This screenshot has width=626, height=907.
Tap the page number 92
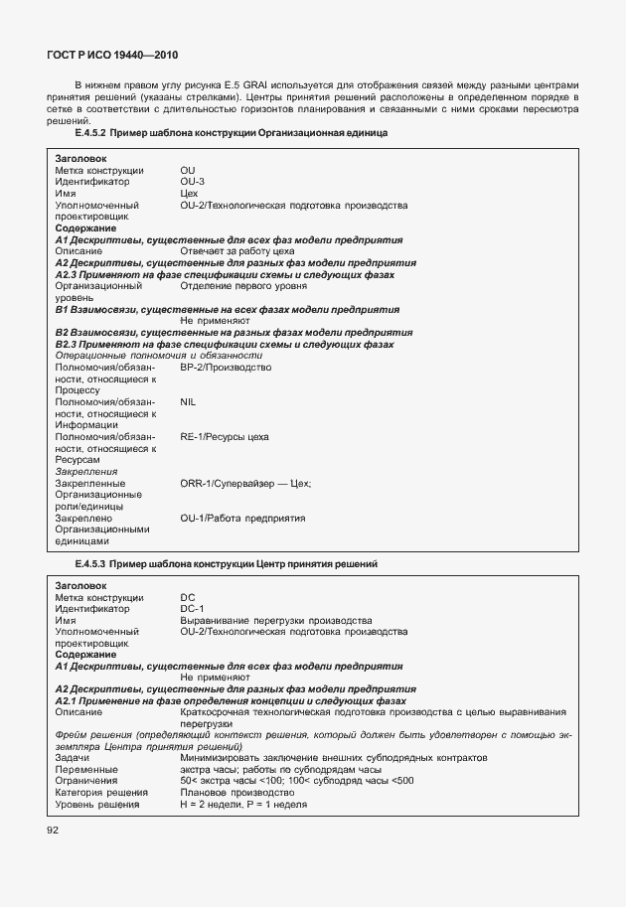point(53,830)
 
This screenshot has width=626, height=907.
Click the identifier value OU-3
point(193,182)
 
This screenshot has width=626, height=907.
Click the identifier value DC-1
point(192,608)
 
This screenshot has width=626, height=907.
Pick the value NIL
point(189,401)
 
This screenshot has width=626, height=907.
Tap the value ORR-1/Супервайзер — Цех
point(245,483)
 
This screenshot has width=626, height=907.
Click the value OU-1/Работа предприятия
point(242,518)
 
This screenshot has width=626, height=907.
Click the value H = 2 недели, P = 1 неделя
point(243,804)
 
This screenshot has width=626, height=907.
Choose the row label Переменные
point(86,769)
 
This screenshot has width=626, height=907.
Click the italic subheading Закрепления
point(86,472)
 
